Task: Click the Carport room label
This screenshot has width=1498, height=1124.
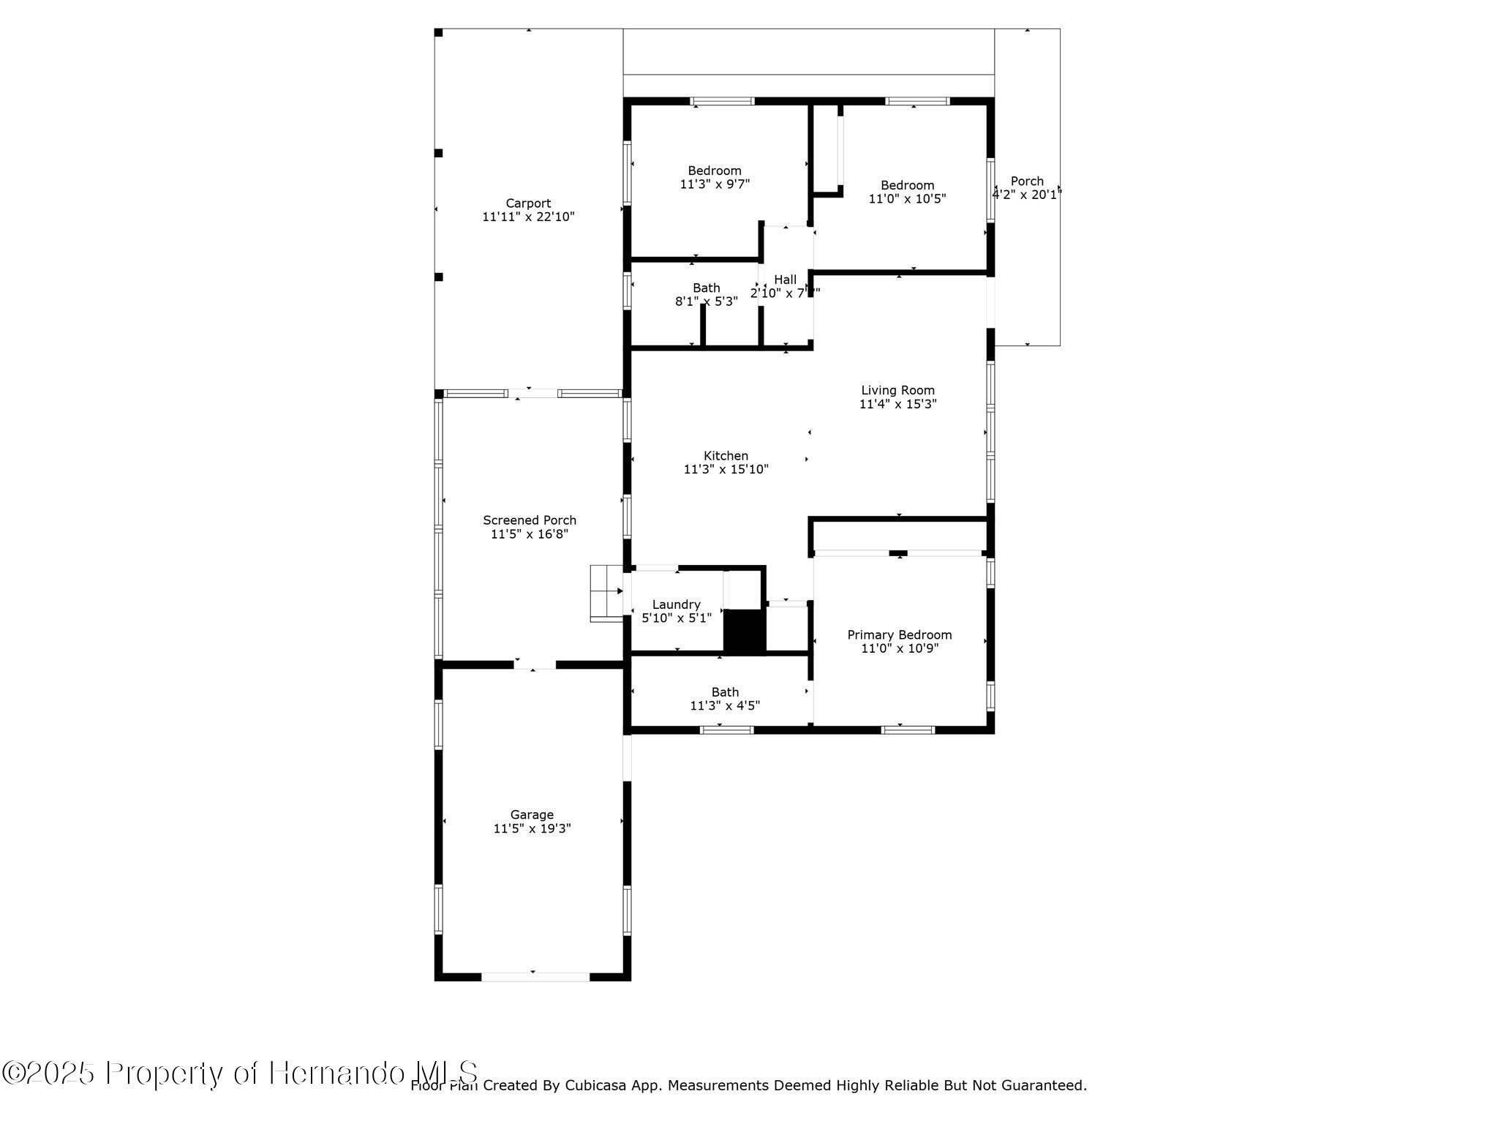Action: click(528, 203)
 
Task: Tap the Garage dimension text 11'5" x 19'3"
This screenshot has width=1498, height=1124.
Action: click(532, 828)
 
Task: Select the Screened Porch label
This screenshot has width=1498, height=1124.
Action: click(530, 520)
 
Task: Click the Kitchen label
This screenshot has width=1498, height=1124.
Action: click(726, 456)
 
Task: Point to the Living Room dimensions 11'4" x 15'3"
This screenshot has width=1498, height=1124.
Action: click(897, 404)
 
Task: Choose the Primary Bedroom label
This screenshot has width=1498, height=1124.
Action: click(899, 634)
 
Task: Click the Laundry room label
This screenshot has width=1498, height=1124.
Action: click(676, 604)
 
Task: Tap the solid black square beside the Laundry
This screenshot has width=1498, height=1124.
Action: click(744, 630)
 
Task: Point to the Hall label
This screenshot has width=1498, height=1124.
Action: click(785, 280)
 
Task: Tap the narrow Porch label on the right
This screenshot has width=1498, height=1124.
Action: click(1027, 181)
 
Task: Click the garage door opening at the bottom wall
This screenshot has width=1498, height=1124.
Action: click(535, 976)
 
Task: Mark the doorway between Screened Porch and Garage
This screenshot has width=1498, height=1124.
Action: click(534, 664)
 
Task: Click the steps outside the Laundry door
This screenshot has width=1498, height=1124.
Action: click(606, 593)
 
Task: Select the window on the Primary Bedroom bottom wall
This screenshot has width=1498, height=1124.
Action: click(907, 730)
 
